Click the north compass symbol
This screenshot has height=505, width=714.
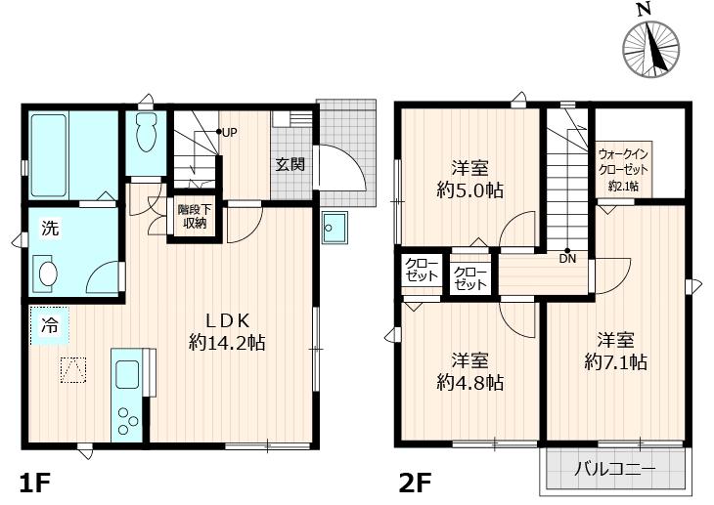click(x=651, y=44)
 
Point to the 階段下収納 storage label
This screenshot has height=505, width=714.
click(x=192, y=216)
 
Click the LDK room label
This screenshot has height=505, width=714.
click(x=228, y=319)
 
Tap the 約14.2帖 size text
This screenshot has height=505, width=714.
click(x=228, y=343)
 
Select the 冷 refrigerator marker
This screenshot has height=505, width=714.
click(x=49, y=326)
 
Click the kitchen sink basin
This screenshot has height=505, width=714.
click(x=127, y=373)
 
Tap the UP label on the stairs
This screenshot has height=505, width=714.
click(x=228, y=132)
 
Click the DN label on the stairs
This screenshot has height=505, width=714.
click(x=567, y=258)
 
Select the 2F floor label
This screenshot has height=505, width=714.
click(x=415, y=483)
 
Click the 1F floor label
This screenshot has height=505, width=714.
click(x=35, y=483)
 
